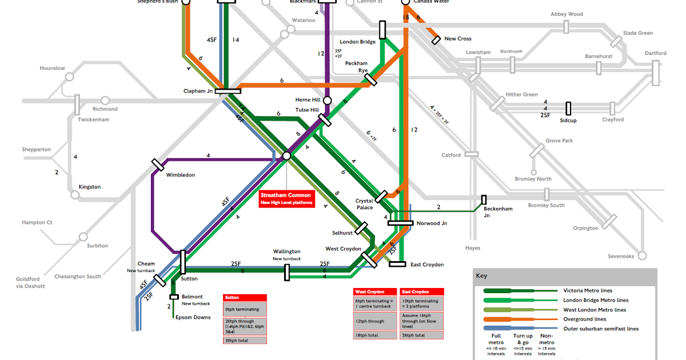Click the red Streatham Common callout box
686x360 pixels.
[286, 198]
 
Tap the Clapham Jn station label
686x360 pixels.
[198, 91]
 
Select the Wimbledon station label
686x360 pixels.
[181, 175]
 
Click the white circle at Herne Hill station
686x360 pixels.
[327, 100]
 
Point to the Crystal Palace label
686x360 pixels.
[364, 204]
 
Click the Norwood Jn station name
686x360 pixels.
[432, 223]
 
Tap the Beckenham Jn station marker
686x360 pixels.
[484, 199]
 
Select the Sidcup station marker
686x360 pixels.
[568, 108]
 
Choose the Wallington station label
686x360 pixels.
[286, 251]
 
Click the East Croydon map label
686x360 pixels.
[426, 265]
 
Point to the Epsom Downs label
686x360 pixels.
[193, 317]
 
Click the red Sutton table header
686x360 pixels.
[245, 298]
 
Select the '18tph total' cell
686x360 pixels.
[374, 335]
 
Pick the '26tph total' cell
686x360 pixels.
[421, 335]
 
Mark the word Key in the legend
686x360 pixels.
[481, 275]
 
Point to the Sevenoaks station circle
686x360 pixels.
[642, 255]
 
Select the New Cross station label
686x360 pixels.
[458, 38]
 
